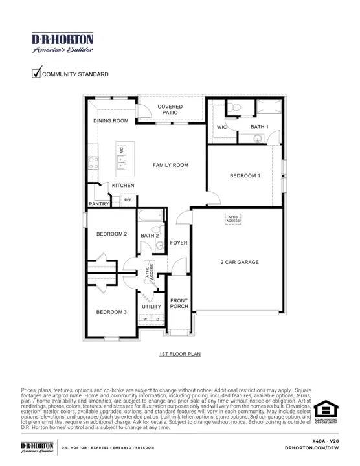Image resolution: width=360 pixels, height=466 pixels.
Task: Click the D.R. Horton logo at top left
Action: [x=62, y=42]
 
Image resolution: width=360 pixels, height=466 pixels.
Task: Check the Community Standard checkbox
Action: [x=37, y=74]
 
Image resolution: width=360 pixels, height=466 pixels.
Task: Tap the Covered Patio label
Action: [x=170, y=109]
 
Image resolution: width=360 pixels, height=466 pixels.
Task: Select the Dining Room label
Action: [x=111, y=121]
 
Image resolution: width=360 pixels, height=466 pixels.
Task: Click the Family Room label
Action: [x=170, y=165]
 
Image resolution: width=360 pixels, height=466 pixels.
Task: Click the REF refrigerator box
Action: [x=128, y=201]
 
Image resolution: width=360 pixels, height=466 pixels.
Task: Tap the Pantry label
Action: [x=98, y=204]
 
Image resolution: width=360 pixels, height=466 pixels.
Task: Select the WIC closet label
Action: [x=222, y=127]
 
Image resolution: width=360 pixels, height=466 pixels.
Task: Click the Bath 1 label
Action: [x=260, y=127]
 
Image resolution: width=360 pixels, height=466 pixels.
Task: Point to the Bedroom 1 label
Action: [x=245, y=175]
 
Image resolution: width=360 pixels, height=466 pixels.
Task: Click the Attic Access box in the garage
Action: [x=233, y=219]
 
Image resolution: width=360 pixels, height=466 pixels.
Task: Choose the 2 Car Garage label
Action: [x=240, y=262]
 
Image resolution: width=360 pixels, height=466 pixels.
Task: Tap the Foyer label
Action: [x=179, y=243]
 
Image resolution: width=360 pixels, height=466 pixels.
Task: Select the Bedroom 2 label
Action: [x=111, y=234]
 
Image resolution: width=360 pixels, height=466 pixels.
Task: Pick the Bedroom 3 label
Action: [x=111, y=312]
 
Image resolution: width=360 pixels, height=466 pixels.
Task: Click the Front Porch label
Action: [x=179, y=304]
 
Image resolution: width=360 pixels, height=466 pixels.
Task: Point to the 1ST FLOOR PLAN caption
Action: [x=179, y=355]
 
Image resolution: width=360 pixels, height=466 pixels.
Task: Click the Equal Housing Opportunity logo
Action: [x=326, y=412]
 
